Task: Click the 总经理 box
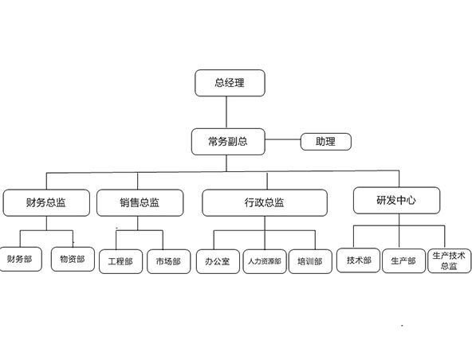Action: point(230,83)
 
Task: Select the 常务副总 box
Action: point(228,142)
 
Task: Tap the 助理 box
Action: point(326,142)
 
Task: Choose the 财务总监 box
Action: point(46,203)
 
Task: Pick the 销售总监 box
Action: point(140,203)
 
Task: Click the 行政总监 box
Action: point(265,203)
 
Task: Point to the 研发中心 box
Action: point(396,200)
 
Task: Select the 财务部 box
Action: point(20,259)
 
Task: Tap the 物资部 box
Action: point(73,259)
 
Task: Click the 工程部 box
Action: point(120,261)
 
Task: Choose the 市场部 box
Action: point(168,261)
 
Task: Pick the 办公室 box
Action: point(218,261)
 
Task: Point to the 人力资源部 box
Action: point(265,261)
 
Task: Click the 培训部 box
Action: point(310,261)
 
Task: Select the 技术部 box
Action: point(358,260)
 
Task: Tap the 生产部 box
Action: point(404,260)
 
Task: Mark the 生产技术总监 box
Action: point(450,260)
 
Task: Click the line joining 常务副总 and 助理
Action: point(283,139)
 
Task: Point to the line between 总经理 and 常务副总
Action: point(226,112)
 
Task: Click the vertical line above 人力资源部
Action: point(265,233)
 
